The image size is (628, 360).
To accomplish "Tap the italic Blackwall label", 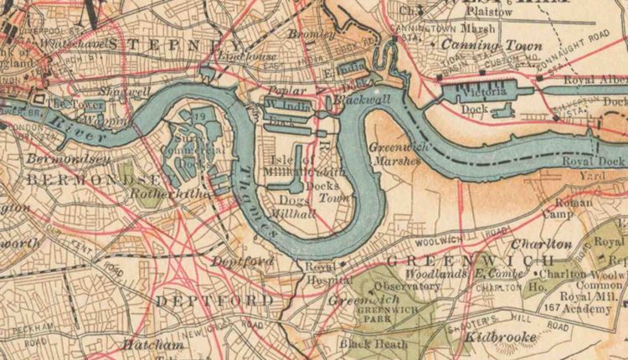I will (x=351, y=99).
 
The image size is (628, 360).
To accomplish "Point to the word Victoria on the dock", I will (x=488, y=91).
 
